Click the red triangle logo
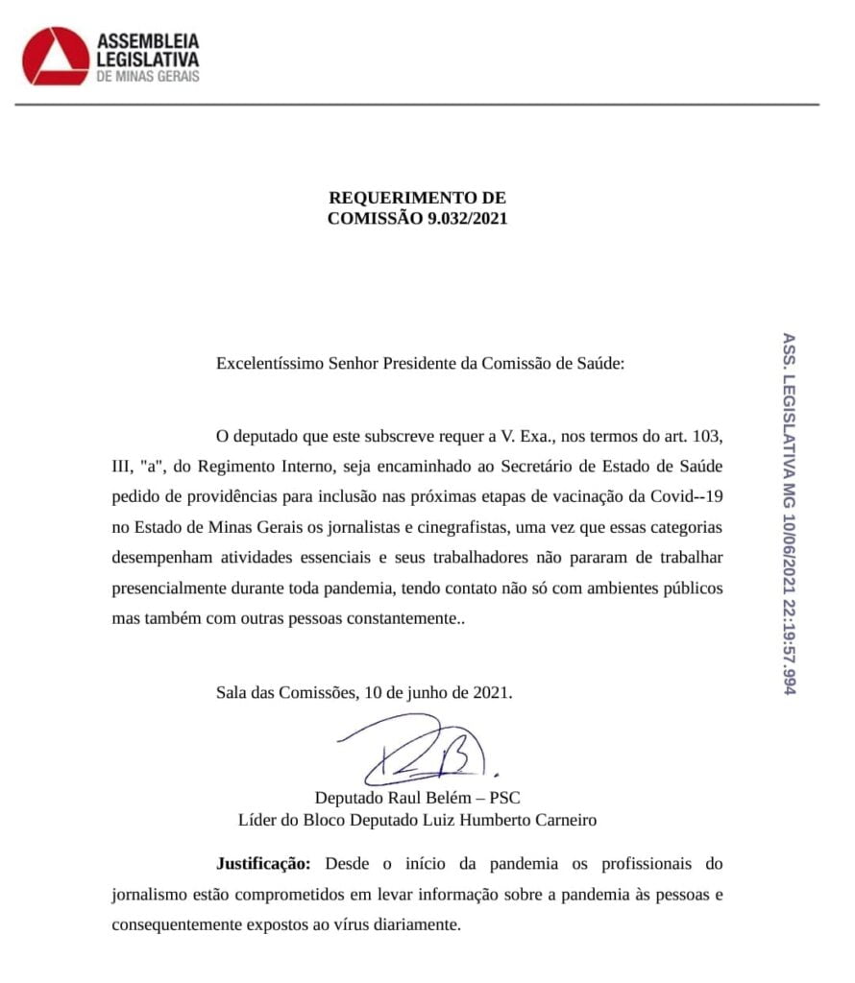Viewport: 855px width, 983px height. coord(56,56)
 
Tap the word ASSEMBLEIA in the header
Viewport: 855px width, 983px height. coord(148,41)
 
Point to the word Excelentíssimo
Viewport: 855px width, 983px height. coord(269,365)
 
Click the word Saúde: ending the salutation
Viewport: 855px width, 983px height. coord(596,365)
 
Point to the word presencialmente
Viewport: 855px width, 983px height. coord(171,588)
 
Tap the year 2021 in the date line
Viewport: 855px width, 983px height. coord(491,692)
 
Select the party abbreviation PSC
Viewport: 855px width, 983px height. coord(504,798)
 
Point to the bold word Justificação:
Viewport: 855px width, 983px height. coord(262,864)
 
